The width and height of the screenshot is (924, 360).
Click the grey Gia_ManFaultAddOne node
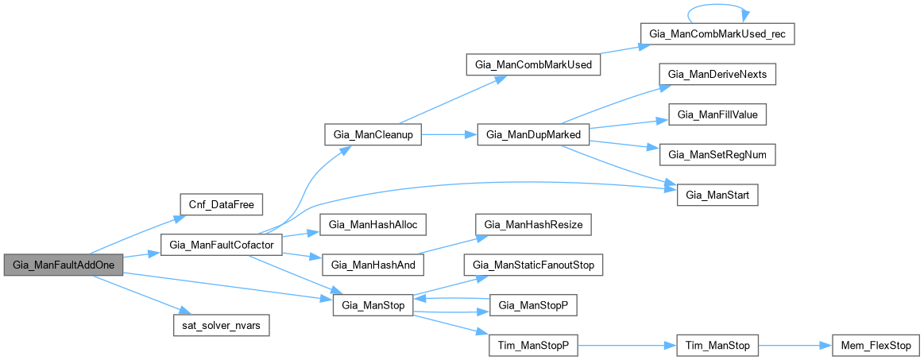pos(63,265)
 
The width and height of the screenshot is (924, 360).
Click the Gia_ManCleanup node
pos(372,135)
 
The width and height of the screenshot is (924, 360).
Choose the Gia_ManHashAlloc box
pos(372,225)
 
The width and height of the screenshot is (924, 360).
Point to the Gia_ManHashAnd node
pos(372,264)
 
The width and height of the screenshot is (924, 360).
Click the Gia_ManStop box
pos(372,304)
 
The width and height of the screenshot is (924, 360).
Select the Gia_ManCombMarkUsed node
pos(532,64)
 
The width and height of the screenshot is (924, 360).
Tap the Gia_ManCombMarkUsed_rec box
pos(717,34)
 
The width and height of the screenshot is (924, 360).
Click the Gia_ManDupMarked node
pos(532,135)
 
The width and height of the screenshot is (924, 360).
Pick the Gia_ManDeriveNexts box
pos(717,74)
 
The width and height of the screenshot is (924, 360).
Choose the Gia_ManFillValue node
pos(717,114)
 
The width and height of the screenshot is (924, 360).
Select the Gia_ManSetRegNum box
pos(717,154)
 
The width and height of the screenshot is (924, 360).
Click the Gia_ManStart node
pos(717,195)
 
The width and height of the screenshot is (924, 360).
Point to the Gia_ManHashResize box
pos(532,225)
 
